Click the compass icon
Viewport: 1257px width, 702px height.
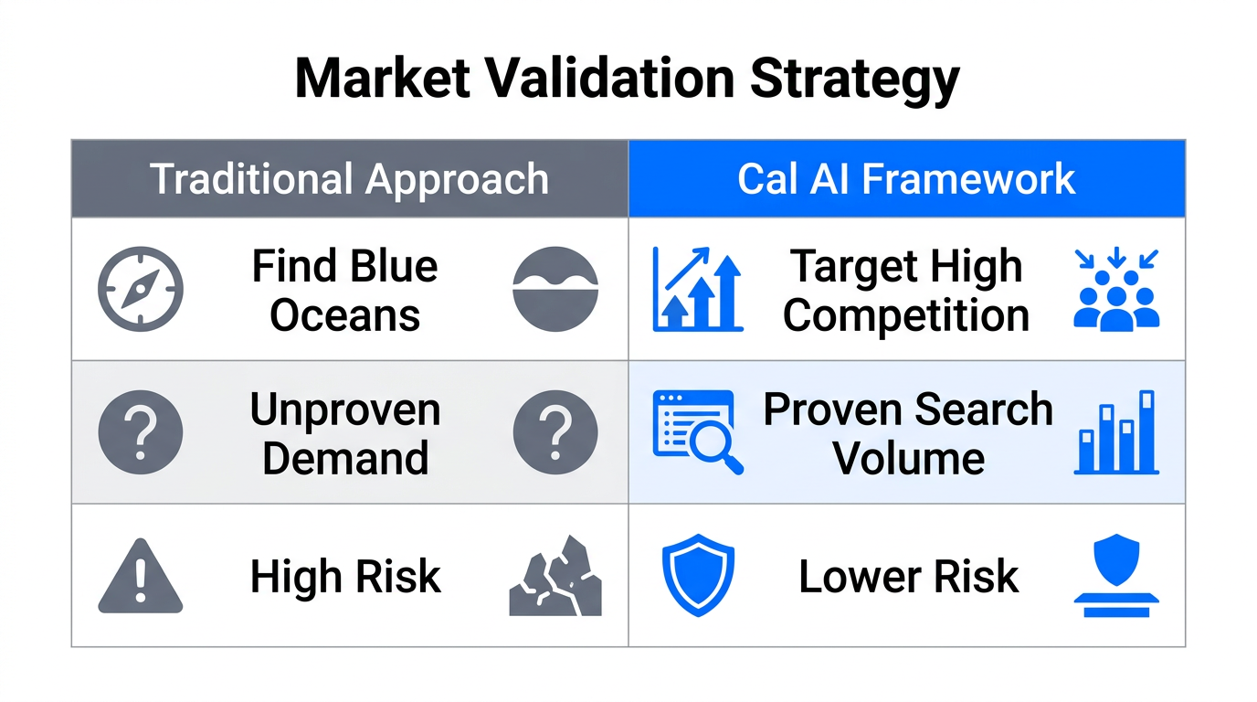(140, 289)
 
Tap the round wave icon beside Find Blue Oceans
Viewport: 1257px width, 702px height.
(555, 289)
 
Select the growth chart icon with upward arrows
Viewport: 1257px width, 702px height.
(697, 289)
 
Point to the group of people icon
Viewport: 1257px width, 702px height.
(1115, 291)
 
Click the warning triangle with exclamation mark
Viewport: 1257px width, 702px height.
(140, 576)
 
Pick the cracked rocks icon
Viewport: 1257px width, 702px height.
(555, 576)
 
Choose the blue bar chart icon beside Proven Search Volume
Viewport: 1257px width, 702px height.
(1115, 432)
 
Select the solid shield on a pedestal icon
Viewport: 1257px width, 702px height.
(1115, 576)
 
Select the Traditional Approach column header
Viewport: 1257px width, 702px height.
(349, 179)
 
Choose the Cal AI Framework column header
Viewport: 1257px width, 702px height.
(906, 179)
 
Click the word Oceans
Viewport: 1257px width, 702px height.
(345, 316)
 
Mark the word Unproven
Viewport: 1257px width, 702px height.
(345, 410)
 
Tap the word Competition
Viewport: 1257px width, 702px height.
(906, 316)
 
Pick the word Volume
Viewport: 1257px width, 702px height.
(908, 458)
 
